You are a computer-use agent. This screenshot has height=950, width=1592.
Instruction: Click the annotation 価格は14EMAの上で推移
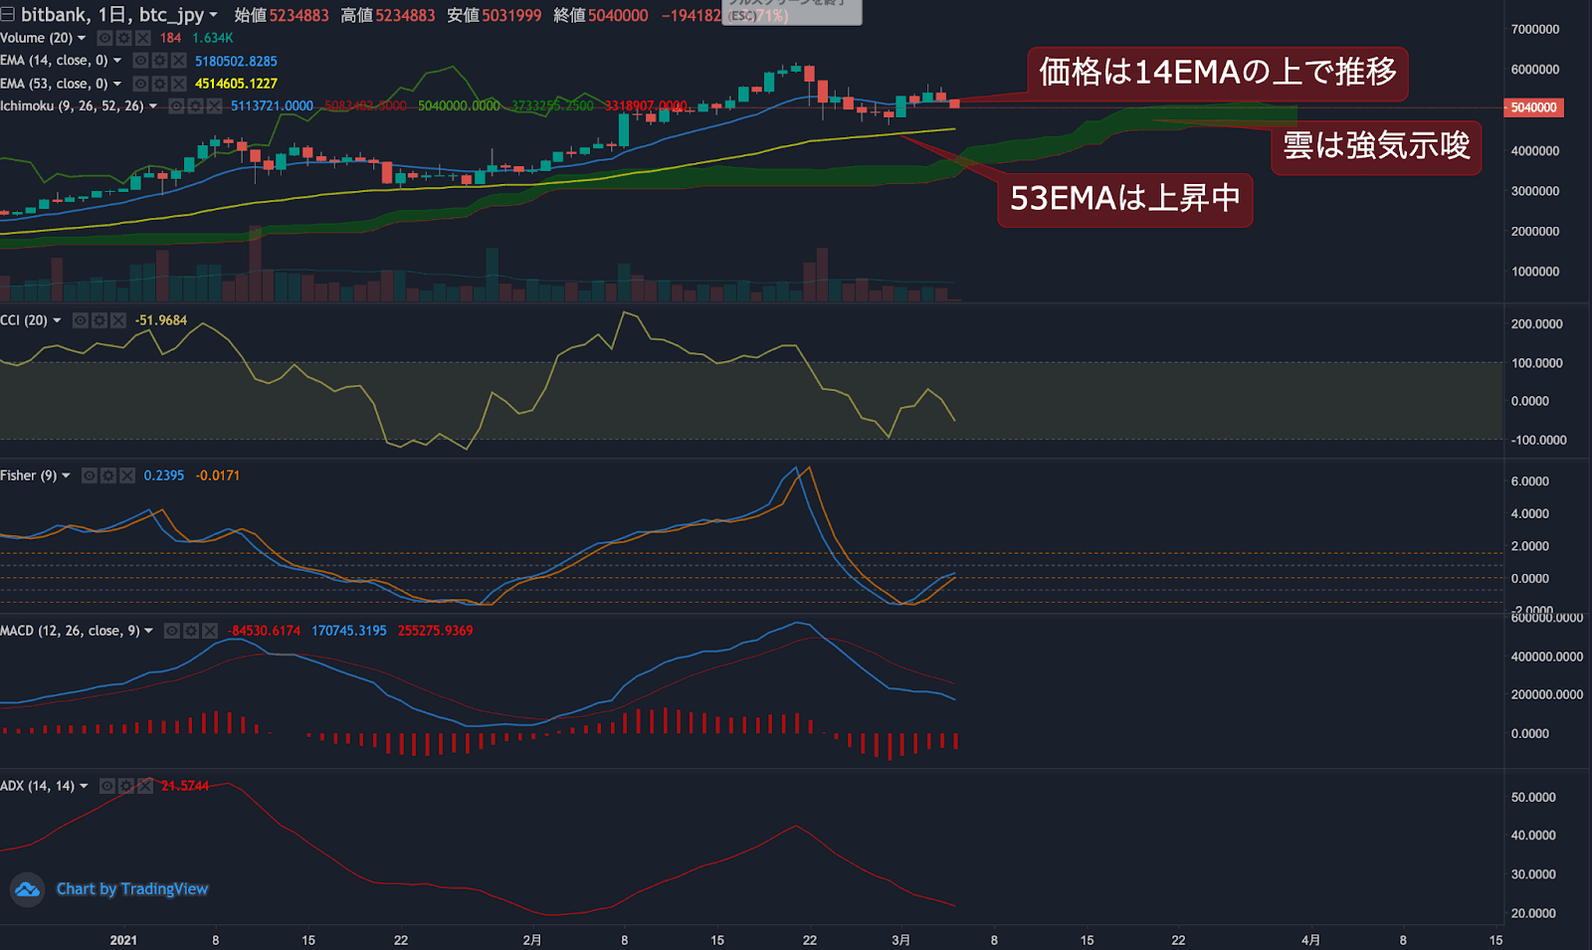tap(1217, 73)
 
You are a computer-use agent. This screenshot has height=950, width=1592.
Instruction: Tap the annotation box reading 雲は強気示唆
tap(1376, 146)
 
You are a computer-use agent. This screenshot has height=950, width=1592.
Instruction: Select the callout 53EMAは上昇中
tap(1124, 199)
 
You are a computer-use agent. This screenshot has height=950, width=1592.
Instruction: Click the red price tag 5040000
tap(1533, 107)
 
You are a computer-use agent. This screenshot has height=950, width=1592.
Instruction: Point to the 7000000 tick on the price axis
tap(1534, 30)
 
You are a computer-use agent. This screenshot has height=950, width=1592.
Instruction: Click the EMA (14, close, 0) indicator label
tap(54, 61)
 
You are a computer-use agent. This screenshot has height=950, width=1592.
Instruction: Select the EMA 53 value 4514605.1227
tap(236, 84)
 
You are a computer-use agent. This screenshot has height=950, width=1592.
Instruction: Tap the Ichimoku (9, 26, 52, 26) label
tap(72, 105)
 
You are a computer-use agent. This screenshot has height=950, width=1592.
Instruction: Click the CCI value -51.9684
tap(161, 320)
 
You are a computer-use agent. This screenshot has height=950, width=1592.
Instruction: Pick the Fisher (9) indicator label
tap(29, 475)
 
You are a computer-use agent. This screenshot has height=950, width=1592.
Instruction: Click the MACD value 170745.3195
tap(348, 631)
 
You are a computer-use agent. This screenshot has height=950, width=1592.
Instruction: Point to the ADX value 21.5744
tap(185, 786)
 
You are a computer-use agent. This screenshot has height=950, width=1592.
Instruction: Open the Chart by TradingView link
tap(131, 889)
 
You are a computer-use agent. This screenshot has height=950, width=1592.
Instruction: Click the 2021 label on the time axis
tap(123, 940)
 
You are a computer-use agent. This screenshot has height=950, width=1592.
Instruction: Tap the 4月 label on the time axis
tap(1310, 940)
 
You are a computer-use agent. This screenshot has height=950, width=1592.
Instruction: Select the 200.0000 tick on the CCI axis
tap(1536, 324)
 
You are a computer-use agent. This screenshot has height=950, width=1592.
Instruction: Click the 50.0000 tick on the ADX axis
tap(1532, 798)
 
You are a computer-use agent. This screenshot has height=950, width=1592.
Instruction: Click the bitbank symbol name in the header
tap(54, 15)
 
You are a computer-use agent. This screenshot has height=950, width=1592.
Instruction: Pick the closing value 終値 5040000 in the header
tap(600, 16)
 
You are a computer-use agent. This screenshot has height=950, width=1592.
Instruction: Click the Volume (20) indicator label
tap(37, 38)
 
